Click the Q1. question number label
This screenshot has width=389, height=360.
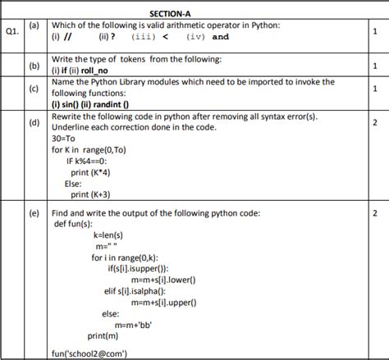point(11,32)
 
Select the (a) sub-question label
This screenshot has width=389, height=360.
point(34,27)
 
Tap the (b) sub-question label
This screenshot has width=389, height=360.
point(34,66)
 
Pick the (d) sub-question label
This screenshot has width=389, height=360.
point(34,123)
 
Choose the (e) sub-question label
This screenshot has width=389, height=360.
point(34,213)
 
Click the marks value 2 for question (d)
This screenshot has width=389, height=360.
point(374,123)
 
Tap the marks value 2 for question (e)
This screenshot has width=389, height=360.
point(374,213)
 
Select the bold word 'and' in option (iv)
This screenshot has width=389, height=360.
point(221,37)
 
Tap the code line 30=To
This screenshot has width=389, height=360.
point(63,139)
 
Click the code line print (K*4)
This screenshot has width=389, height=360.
point(91,172)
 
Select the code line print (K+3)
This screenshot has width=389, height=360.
point(90,194)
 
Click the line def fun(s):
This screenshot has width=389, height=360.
point(74,223)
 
